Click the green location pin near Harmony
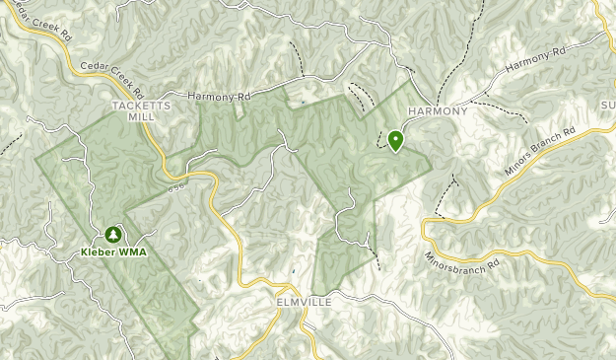tap(395, 141)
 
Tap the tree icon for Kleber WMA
tap(112, 236)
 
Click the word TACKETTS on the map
tap(142, 104)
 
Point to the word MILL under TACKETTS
tap(142, 115)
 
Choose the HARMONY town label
tap(437, 111)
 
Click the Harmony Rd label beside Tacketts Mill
tap(219, 97)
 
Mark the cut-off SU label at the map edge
tap(606, 104)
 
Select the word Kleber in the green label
tap(99, 252)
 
